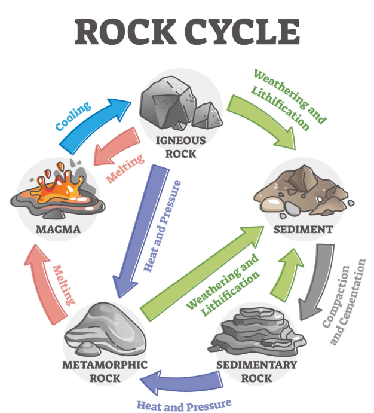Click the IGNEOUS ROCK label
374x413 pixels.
(x=180, y=146)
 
